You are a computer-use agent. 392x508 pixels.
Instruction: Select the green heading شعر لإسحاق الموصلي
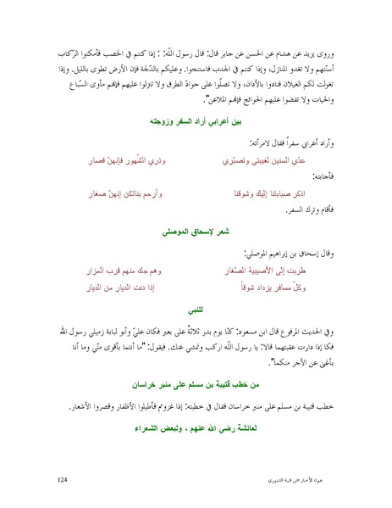point(196,230)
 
